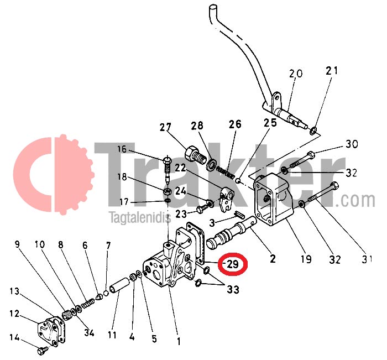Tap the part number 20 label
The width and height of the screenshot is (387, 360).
click(x=296, y=74)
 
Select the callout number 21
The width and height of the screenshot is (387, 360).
click(x=331, y=70)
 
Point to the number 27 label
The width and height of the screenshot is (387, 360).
click(x=166, y=127)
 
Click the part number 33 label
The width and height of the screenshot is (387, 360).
click(x=233, y=289)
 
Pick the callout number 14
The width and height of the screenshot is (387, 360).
click(x=14, y=337)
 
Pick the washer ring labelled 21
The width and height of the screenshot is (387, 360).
click(x=313, y=131)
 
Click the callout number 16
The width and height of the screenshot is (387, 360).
click(x=122, y=149)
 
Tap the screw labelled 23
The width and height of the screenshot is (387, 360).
click(x=202, y=209)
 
